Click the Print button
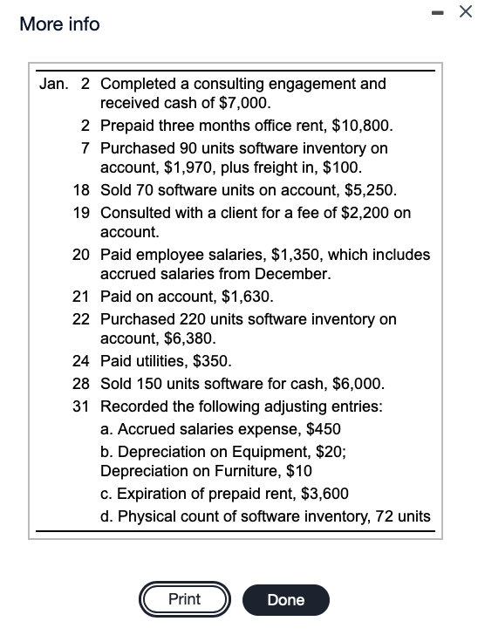click(184, 600)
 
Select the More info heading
click(59, 24)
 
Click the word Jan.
click(53, 84)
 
